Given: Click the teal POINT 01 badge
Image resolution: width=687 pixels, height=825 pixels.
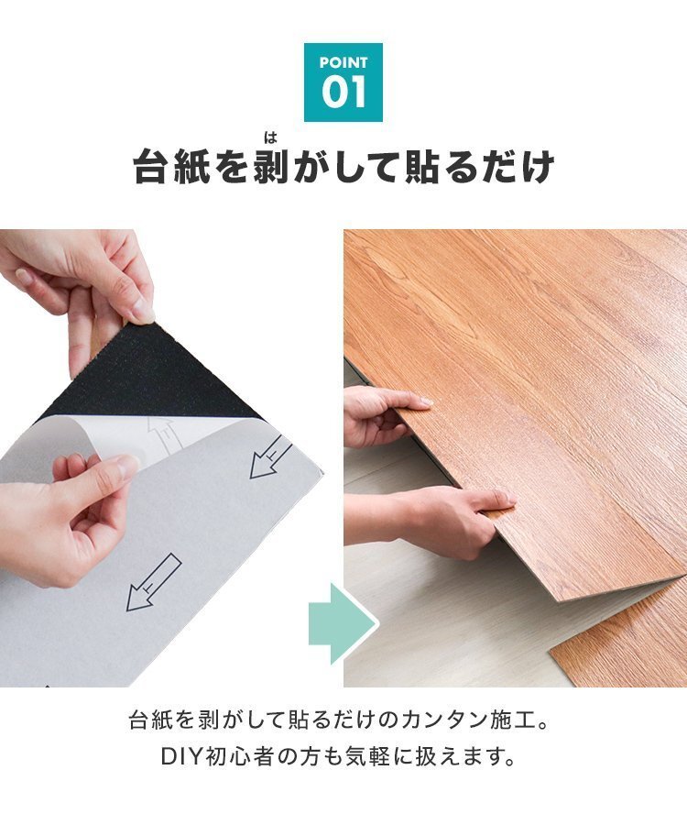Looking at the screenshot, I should tap(343, 82).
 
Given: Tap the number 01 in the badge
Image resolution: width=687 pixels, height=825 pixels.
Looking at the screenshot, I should tap(343, 93).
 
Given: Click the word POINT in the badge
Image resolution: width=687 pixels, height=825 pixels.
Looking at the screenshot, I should tap(343, 62).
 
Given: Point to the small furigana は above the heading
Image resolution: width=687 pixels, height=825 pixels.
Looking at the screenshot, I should tap(269, 138).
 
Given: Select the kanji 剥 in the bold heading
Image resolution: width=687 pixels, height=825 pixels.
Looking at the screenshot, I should tap(269, 169).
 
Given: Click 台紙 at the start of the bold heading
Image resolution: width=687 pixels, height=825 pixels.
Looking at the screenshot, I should tap(172, 169).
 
